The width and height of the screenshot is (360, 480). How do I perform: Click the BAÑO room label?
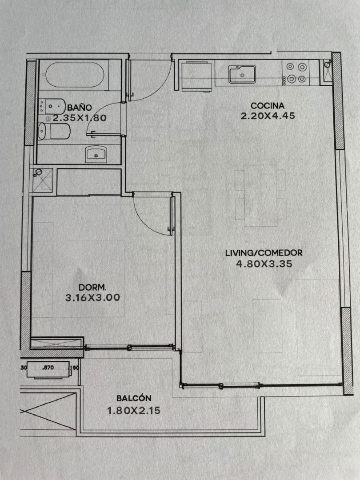[x=80, y=108]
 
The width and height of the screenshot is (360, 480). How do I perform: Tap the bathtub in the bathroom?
[x=75, y=75]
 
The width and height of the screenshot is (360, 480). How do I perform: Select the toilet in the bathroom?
[x=54, y=131]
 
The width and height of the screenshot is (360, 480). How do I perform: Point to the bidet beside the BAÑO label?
[x=52, y=106]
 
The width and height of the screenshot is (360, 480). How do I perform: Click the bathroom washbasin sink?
[x=96, y=154]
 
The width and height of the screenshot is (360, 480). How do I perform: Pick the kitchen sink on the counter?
[x=242, y=74]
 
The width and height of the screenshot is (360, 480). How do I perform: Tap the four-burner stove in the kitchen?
[x=296, y=73]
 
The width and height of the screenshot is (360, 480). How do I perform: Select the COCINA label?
[x=268, y=106]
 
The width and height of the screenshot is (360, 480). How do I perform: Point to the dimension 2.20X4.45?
[x=268, y=116]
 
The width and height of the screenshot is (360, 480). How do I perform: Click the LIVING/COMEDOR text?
[x=264, y=253]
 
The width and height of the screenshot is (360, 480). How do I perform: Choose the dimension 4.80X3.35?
[x=264, y=264]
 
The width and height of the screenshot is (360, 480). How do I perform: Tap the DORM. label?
[x=92, y=288]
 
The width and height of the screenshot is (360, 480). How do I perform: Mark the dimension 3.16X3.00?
[x=93, y=297]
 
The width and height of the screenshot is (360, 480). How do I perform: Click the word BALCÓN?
[x=134, y=398]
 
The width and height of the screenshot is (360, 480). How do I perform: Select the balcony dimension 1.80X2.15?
[x=134, y=411]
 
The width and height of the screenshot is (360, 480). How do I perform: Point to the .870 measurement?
[x=48, y=368]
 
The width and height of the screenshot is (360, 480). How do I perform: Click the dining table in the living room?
[x=260, y=196]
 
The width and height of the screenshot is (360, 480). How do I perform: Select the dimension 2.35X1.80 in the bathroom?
[x=80, y=118]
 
